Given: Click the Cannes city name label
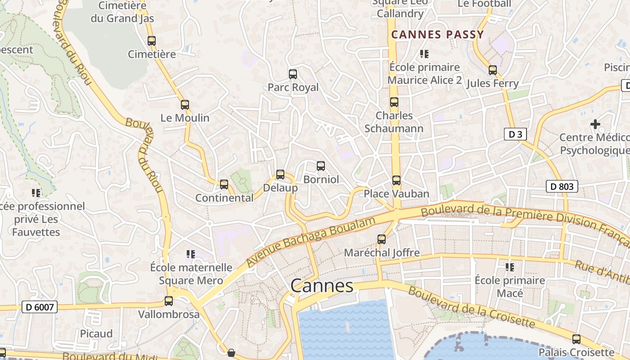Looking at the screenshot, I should click(322, 286).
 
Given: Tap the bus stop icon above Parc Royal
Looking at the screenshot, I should click(293, 74).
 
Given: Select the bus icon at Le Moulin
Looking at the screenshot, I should click(185, 105).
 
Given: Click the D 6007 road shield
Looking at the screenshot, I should click(40, 307).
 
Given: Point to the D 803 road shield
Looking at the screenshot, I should click(562, 186).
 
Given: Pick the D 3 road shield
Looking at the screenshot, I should click(515, 134).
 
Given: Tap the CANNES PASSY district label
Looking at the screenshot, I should click(437, 35).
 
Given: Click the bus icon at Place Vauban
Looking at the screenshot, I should click(396, 180).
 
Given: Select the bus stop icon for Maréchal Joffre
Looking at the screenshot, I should click(382, 239).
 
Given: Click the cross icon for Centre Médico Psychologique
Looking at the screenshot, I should click(595, 124).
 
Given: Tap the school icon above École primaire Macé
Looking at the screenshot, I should click(510, 267).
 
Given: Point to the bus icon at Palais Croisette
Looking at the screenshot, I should click(576, 339).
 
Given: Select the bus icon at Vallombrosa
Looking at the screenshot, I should click(169, 301).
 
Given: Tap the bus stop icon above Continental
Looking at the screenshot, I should click(224, 184).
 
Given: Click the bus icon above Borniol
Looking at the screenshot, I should click(321, 166).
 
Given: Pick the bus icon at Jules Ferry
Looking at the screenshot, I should click(493, 70).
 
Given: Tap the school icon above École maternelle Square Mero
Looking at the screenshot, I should click(191, 254).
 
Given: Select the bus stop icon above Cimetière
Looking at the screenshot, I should click(152, 41).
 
